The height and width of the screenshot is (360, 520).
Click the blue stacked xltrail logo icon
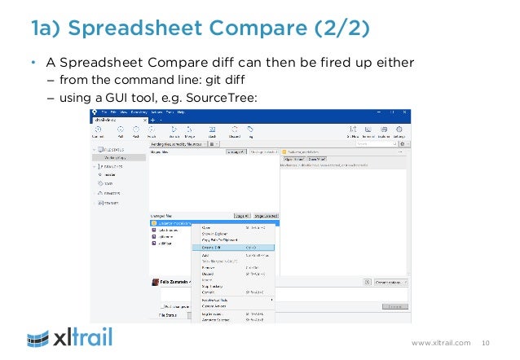[41, 336]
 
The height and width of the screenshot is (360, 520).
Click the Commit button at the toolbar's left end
[98, 133]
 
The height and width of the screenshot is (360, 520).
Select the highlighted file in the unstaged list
[175, 222]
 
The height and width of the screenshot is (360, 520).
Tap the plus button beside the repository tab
[152, 120]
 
